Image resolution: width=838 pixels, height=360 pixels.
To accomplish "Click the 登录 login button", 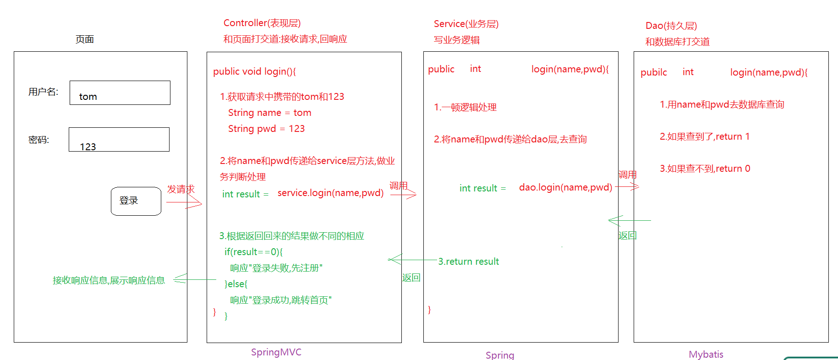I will (x=136, y=201).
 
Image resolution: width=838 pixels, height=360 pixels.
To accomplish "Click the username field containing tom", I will (x=120, y=93).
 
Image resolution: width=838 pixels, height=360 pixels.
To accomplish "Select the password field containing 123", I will (x=119, y=140).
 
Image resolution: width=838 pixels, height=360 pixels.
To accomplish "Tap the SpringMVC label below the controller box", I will (x=276, y=352).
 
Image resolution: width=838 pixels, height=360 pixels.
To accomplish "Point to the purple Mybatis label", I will (x=706, y=355).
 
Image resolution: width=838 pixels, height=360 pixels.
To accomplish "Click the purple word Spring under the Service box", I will (x=499, y=355).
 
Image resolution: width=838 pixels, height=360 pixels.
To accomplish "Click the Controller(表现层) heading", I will (x=262, y=23).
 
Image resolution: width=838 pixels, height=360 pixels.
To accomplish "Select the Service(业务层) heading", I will (x=466, y=24).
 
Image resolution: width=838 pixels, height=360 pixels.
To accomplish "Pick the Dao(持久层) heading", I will (x=671, y=26).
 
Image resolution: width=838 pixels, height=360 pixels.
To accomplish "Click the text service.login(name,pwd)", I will (x=330, y=193).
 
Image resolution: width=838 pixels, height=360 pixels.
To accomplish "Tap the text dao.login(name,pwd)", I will (x=565, y=187).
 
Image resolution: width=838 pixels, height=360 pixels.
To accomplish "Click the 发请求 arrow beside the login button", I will (x=185, y=202).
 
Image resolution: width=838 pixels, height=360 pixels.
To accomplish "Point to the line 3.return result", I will (x=468, y=262).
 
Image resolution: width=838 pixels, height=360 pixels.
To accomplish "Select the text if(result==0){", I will (x=253, y=252).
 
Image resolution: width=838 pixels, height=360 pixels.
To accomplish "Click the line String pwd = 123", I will (x=266, y=129).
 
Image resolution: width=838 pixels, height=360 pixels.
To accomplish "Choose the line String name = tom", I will (x=269, y=113).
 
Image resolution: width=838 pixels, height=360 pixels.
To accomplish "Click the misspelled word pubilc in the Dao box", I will (x=653, y=72).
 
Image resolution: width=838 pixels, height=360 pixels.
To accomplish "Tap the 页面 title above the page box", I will (x=85, y=39).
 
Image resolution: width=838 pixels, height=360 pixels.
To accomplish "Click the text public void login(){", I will (x=254, y=71).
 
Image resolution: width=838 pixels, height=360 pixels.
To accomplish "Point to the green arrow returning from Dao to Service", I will (x=630, y=221).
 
